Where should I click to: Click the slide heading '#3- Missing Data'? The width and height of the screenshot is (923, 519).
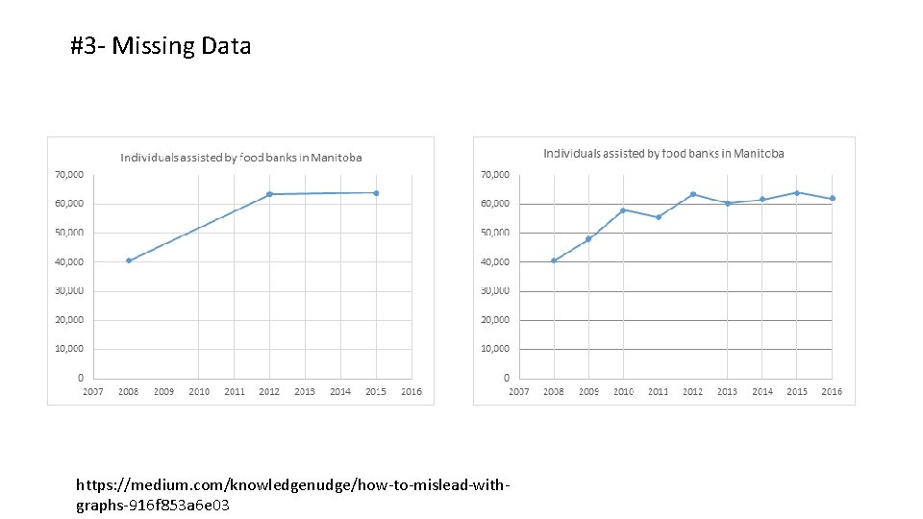[x=161, y=45]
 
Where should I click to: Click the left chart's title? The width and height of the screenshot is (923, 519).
[x=240, y=157]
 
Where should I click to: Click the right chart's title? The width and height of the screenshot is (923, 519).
[x=663, y=153]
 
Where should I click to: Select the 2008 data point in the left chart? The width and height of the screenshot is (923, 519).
[x=129, y=260]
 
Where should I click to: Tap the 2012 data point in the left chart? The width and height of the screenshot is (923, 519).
[x=269, y=194]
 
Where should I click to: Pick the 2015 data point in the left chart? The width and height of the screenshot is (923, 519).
[x=376, y=193]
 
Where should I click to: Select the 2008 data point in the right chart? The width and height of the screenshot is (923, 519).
[x=554, y=260]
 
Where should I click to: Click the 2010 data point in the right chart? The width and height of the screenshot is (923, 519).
[x=623, y=210]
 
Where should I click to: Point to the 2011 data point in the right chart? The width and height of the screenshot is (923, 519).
[x=659, y=217]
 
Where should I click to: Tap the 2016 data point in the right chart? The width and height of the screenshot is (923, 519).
[x=833, y=199]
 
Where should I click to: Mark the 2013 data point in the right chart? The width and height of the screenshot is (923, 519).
[x=728, y=203]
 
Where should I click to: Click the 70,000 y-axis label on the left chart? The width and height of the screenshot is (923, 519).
[x=68, y=174]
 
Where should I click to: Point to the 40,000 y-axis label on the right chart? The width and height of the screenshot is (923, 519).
[x=494, y=261]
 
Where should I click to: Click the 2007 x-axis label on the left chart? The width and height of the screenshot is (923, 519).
[x=93, y=391]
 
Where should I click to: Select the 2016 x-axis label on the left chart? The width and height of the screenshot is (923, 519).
[x=412, y=391]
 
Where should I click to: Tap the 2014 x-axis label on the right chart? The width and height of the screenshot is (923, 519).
[x=762, y=391]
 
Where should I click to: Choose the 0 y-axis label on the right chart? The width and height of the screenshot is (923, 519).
[x=508, y=378]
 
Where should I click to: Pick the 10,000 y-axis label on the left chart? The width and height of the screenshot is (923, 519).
[x=68, y=348]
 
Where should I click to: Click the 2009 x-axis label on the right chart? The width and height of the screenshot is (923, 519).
[x=588, y=391]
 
